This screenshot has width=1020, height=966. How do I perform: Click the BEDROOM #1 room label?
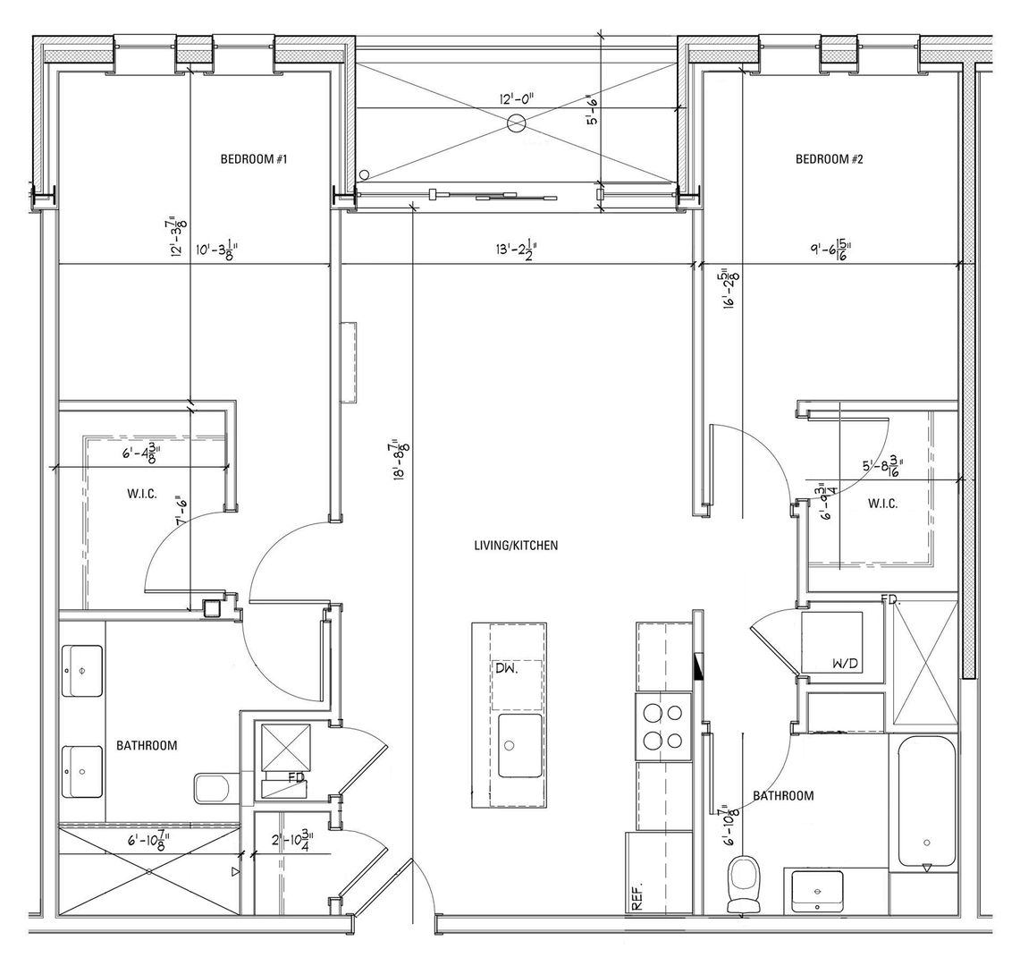[x=252, y=159]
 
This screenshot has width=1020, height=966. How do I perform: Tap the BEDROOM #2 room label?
[x=829, y=159]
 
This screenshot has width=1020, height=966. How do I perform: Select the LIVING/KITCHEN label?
[x=517, y=545]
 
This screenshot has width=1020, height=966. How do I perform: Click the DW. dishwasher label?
[x=506, y=668]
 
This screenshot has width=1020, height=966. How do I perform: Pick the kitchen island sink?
[x=519, y=745]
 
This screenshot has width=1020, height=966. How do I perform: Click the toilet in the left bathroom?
[x=213, y=787]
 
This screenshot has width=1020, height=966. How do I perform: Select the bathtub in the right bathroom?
[x=926, y=801]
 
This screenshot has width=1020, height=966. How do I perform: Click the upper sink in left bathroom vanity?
[x=82, y=671]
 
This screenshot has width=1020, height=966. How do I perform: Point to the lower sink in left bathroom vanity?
[x=82, y=771]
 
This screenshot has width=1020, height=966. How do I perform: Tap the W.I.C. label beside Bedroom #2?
[x=882, y=504]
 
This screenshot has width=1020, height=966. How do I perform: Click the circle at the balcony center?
[x=516, y=124]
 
